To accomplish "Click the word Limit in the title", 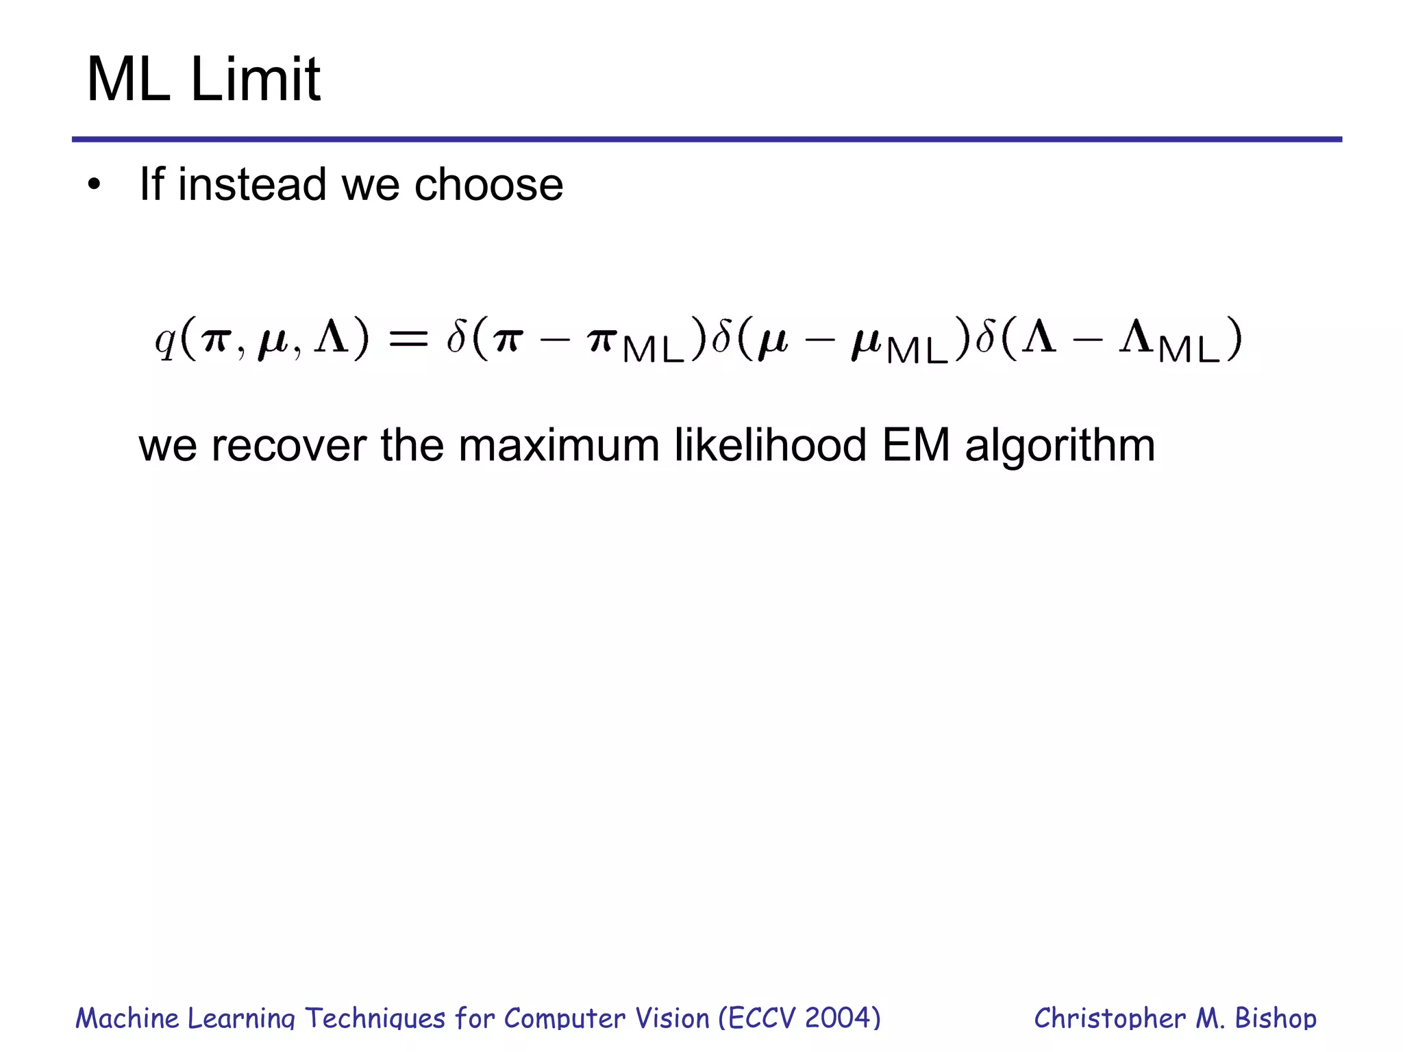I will (x=255, y=79).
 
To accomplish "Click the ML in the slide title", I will (x=128, y=79).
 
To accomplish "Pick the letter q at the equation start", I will (x=165, y=340).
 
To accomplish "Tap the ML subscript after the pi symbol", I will (x=654, y=350).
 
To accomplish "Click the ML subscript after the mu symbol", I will (x=917, y=350).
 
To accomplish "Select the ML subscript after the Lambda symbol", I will (x=1189, y=350).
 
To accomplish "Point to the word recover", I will (x=288, y=445).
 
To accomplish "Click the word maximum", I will (x=558, y=445).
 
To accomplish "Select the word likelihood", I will (x=770, y=445).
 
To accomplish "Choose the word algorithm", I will (x=1060, y=447).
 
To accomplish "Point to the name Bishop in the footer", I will (x=1275, y=1018).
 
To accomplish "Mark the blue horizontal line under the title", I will (x=706, y=140).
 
